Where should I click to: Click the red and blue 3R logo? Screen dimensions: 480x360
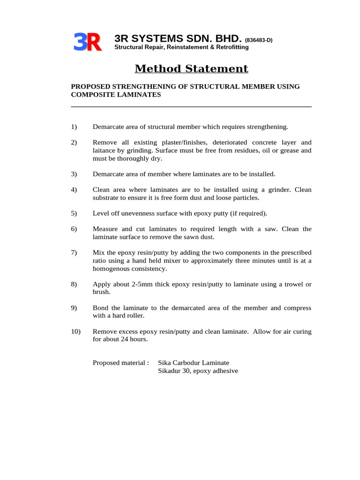[x=87, y=42]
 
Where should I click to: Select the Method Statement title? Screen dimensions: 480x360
[x=191, y=69]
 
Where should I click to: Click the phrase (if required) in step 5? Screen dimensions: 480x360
[x=248, y=213]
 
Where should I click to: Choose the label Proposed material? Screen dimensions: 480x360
[x=121, y=363]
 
